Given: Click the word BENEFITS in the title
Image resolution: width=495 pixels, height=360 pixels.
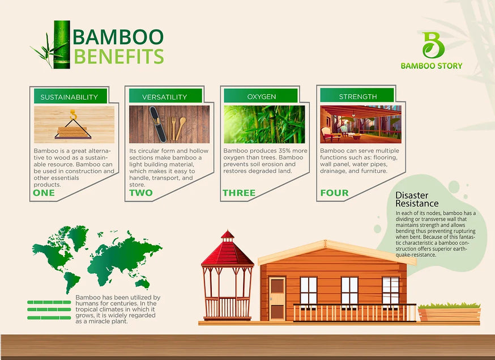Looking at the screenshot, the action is click(119, 57).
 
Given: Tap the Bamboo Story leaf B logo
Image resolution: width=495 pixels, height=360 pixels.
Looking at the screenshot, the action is click(433, 45).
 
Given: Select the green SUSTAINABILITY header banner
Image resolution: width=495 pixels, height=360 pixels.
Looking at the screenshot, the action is click(71, 96).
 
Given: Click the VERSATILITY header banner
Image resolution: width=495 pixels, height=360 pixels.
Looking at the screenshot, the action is click(165, 96).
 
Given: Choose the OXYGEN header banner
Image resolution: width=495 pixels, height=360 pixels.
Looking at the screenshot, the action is click(261, 95).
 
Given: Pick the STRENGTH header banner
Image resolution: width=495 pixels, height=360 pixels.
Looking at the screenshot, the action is click(357, 95).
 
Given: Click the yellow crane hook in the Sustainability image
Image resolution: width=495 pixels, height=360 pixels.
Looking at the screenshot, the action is click(74, 115).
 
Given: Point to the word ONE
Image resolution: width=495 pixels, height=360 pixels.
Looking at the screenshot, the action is click(44, 193).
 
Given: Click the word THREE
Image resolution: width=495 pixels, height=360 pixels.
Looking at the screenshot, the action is click(239, 193).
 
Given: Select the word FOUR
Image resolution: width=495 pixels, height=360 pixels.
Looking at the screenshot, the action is click(334, 193).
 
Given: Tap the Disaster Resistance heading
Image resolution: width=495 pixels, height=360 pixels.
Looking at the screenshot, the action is click(417, 199).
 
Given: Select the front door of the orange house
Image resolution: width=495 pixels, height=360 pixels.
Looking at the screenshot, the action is click(278, 299).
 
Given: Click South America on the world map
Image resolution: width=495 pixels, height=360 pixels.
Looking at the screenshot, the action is click(72, 281).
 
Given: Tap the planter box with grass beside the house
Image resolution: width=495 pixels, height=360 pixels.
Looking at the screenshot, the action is click(449, 313).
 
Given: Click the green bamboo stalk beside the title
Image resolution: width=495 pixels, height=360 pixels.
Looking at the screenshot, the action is click(62, 45).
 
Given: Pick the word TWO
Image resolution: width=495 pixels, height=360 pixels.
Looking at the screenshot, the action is click(141, 193).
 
